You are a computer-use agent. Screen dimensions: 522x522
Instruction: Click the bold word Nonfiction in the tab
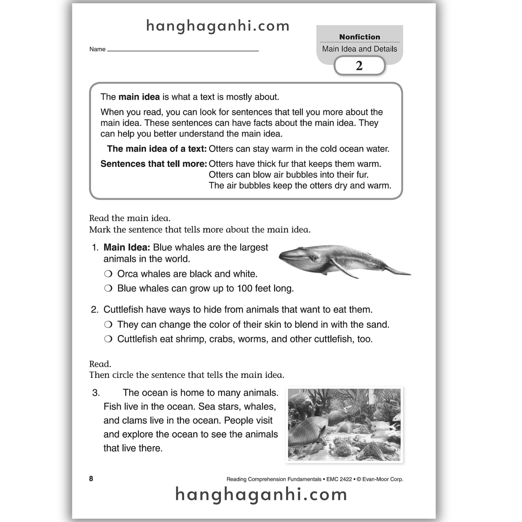click(359, 37)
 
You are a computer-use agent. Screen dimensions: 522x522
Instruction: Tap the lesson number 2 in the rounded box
click(359, 66)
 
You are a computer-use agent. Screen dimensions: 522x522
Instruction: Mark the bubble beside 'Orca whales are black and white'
click(108, 274)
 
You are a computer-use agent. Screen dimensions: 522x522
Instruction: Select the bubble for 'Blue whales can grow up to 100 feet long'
click(108, 288)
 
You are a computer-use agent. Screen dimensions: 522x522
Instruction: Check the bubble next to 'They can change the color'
click(108, 324)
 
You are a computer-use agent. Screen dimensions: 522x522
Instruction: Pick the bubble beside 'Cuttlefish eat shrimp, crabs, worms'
click(108, 339)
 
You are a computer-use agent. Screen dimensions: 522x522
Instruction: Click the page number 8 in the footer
click(91, 479)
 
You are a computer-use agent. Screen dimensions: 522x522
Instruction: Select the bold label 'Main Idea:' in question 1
click(127, 247)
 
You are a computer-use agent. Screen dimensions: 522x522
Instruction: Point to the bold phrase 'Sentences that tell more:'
click(153, 164)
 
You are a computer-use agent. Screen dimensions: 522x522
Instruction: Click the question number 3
click(96, 393)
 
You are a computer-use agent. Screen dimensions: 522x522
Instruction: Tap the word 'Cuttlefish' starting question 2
click(123, 309)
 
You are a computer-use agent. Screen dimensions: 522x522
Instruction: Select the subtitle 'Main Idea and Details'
click(359, 49)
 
